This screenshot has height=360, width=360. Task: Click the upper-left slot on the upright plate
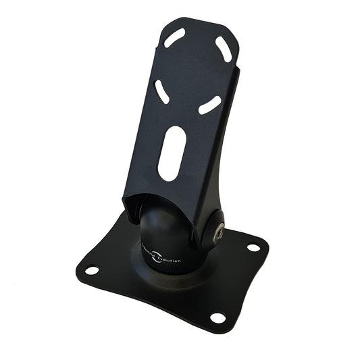174,38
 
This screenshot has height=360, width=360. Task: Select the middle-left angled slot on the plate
163,91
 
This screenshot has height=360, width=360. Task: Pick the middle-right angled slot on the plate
210,104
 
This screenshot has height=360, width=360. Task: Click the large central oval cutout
172,153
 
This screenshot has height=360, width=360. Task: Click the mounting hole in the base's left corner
93,270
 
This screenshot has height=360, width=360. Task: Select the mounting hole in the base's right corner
254,247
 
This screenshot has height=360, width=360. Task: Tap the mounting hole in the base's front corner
217,317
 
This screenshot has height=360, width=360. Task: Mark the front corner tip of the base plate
223,328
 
